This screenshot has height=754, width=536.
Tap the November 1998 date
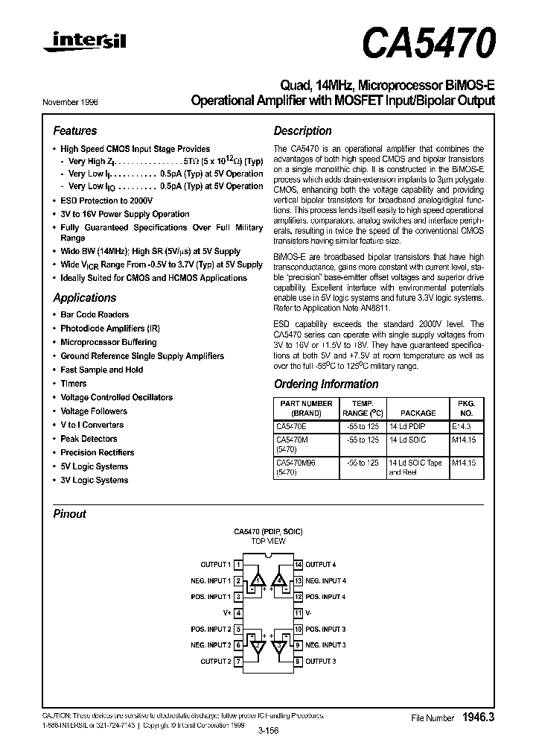tap(75, 101)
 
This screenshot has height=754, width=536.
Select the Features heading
tap(75, 130)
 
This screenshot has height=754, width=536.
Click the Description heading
tap(302, 130)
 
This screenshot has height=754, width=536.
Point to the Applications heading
tap(85, 297)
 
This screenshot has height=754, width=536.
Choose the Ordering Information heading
tap(326, 384)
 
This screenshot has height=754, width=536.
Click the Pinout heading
tap(70, 514)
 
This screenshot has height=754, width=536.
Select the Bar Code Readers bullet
tap(95, 314)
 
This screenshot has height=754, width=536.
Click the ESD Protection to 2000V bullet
tap(106, 200)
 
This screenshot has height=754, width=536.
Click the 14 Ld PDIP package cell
tap(407, 427)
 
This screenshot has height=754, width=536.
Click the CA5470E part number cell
tap(290, 427)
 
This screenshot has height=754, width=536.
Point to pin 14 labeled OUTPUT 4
tap(320, 565)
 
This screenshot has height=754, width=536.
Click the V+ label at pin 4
tap(228, 612)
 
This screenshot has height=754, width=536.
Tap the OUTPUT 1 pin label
tap(216, 565)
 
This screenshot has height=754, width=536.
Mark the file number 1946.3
tap(478, 717)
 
